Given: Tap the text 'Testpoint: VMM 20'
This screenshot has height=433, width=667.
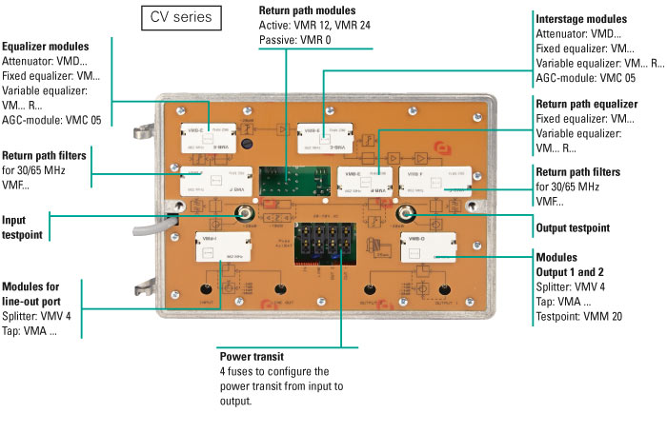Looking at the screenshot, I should pos(583,316).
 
